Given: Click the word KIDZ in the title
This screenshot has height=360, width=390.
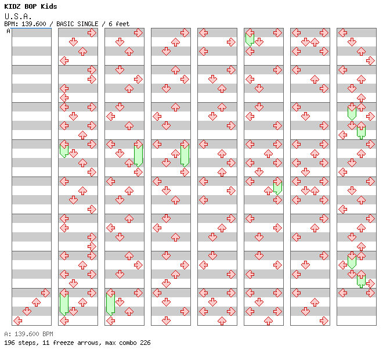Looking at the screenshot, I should coord(13,6).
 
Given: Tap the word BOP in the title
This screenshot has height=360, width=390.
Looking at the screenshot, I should coord(31,6).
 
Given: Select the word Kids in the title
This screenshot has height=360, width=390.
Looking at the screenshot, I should coord(49,6).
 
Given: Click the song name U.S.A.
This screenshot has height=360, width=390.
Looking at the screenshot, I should coord(17,16).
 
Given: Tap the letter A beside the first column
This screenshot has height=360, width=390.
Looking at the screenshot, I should coord(8,31).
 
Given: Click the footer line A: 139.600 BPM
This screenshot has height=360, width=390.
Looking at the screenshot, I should coord(28,334).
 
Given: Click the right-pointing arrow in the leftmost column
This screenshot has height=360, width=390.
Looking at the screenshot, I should coord(45,293).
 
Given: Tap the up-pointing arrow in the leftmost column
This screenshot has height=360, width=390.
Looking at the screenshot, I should coord(36,302).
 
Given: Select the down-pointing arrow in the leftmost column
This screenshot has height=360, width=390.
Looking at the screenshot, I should coord(27,311).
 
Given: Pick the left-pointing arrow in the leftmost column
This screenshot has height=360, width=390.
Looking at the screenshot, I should coord(17,321).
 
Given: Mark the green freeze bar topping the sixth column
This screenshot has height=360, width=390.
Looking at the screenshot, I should coord(250,39).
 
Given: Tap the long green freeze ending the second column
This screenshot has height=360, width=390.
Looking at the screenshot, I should coord(64,304).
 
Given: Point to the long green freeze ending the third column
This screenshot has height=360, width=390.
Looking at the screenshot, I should coord(110,304).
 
